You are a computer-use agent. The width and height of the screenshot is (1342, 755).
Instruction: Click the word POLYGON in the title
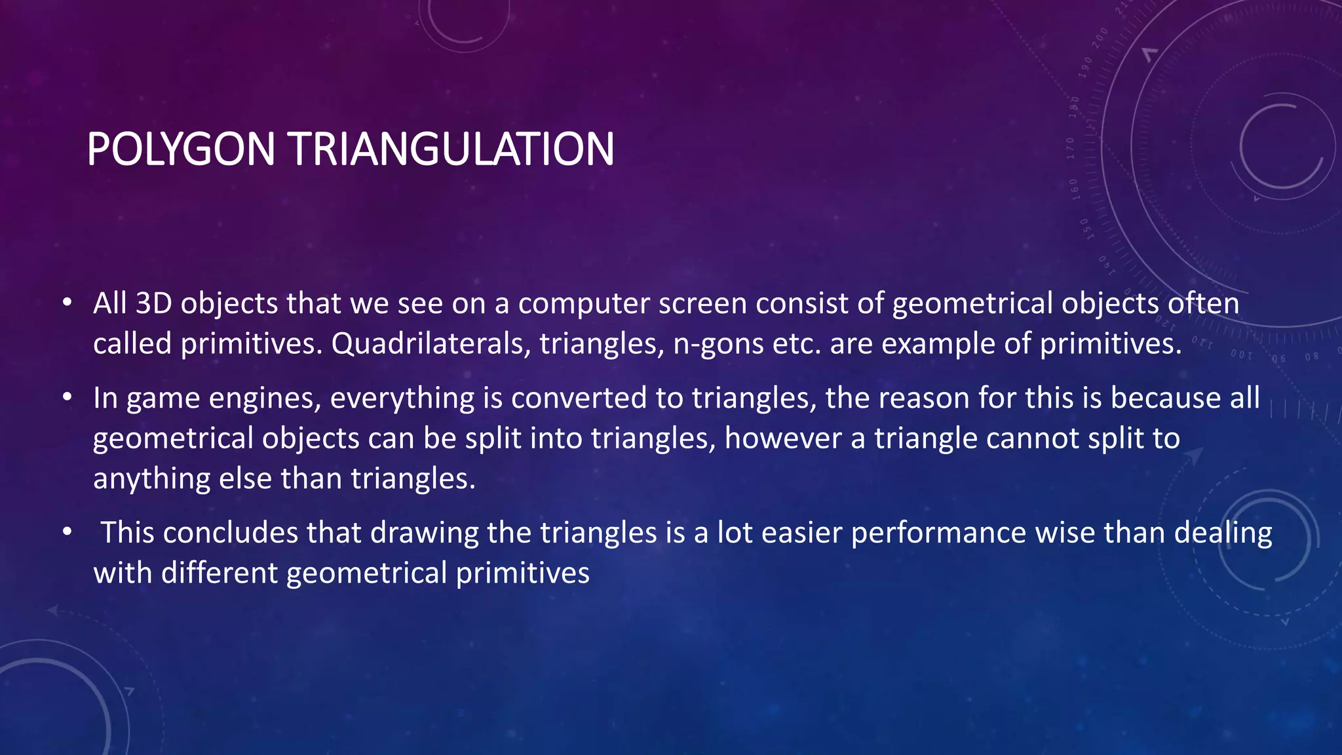pyautogui.click(x=180, y=149)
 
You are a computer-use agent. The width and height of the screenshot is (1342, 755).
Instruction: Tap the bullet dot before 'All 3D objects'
pyautogui.click(x=67, y=303)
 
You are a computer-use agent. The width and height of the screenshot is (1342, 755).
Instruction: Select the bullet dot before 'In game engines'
pyautogui.click(x=67, y=398)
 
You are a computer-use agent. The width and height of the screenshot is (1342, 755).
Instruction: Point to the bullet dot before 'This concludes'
pyautogui.click(x=67, y=532)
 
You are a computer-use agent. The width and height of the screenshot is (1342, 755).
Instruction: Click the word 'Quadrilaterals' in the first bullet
pyautogui.click(x=431, y=343)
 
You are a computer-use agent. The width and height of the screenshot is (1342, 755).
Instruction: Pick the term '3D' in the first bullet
pyautogui.click(x=154, y=303)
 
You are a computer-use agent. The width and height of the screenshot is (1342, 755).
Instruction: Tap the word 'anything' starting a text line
pyautogui.click(x=151, y=479)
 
